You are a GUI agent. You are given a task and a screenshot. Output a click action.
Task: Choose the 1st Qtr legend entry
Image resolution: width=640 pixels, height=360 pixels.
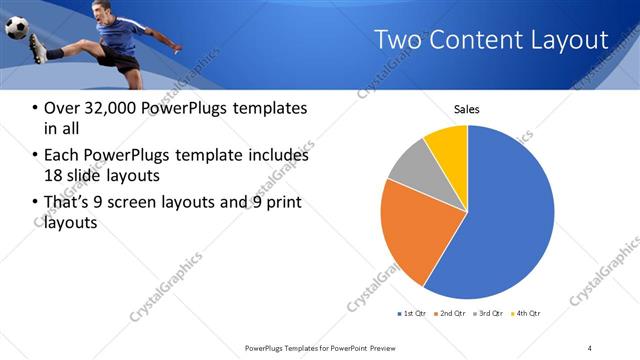point(412,314)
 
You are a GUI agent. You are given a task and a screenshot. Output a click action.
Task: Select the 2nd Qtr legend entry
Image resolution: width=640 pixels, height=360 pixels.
point(450,314)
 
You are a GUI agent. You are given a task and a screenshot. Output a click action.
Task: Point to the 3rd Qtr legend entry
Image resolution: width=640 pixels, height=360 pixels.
point(488,314)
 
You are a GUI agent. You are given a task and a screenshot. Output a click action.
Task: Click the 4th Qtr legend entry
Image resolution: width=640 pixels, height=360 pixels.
point(526,314)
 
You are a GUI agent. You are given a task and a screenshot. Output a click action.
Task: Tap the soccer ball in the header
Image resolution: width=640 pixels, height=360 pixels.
point(17,27)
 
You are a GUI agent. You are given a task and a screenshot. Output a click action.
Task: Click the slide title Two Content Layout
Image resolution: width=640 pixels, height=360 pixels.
point(490,40)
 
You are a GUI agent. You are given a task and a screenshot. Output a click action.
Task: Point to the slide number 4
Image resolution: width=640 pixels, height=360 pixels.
point(590,347)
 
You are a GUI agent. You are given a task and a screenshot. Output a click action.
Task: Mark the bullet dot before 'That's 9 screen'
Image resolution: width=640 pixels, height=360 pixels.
point(36,203)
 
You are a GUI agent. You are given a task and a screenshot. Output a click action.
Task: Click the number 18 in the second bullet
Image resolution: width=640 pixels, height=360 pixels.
point(55,175)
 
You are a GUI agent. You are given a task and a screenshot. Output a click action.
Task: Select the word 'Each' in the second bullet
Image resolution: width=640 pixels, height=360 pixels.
point(62,156)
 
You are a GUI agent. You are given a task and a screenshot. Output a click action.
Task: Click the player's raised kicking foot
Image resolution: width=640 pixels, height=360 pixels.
point(37,47)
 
